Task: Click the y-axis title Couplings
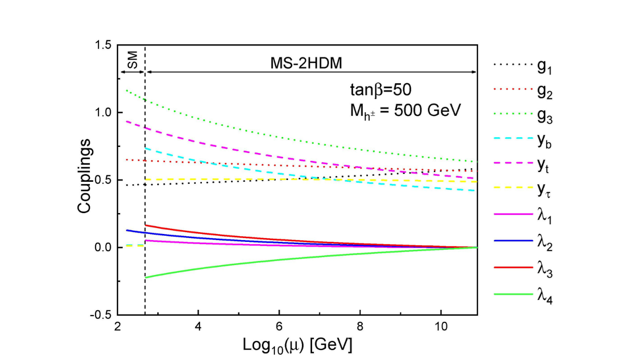[x=84, y=180]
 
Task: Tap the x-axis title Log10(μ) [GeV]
[x=297, y=345]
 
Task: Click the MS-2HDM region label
[x=307, y=64]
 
